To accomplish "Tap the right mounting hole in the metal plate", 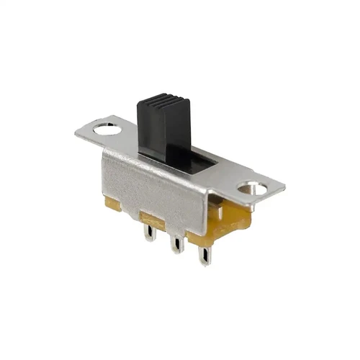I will (253, 189).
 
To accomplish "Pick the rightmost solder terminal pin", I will (205, 254).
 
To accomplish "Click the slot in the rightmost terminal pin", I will (205, 256).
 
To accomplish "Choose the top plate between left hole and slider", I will (126, 139).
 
